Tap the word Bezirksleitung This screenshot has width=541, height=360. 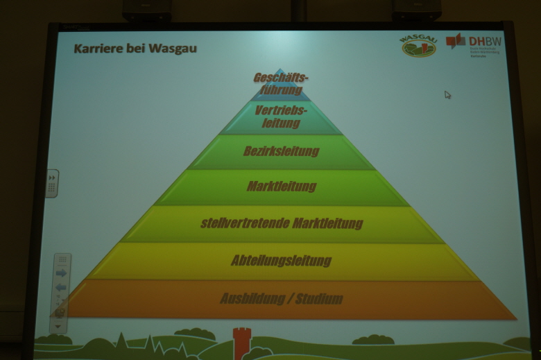[x=281, y=151]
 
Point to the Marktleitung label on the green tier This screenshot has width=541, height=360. [x=281, y=186]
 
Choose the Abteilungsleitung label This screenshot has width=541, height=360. [x=281, y=261]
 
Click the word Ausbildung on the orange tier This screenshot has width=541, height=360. [x=252, y=299]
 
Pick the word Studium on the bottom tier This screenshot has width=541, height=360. [x=319, y=299]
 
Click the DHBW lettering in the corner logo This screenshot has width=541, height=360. [x=486, y=41]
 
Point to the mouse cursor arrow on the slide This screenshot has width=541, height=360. [x=447, y=94]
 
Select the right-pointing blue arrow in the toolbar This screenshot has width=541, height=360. [x=61, y=273]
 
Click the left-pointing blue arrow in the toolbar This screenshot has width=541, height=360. [x=61, y=287]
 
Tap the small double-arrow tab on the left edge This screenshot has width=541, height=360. [x=52, y=184]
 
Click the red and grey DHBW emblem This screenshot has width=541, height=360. [x=456, y=42]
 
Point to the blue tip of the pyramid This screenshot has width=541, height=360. [x=279, y=71]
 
